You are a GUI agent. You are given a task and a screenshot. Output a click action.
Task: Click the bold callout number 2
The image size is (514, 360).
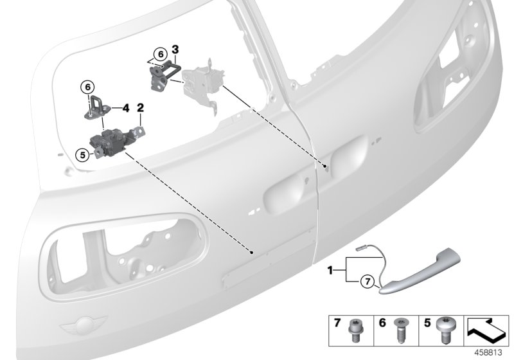(x=139, y=109)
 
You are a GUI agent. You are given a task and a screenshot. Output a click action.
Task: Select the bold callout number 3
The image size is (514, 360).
(x=175, y=49)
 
